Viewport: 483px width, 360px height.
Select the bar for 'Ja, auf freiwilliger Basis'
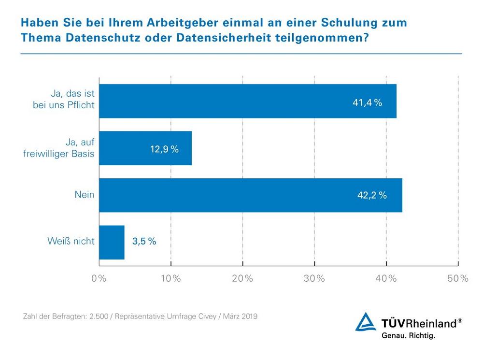(x=145, y=148)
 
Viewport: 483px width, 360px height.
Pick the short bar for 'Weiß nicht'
(x=112, y=242)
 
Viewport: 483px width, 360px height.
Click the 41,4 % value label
(x=367, y=102)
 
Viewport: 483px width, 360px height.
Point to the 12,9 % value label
(x=164, y=149)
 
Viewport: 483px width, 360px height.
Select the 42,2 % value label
(x=372, y=196)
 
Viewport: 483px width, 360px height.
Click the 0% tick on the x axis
(x=99, y=278)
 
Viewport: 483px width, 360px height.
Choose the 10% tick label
(x=170, y=278)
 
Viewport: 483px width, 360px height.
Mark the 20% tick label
(x=242, y=278)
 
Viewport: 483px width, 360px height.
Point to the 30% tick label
(x=314, y=278)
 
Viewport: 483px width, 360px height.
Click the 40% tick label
(x=386, y=278)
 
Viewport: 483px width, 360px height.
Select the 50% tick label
(x=457, y=278)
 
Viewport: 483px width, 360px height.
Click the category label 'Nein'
(x=85, y=195)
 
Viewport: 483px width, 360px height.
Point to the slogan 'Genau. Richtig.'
(x=408, y=335)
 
